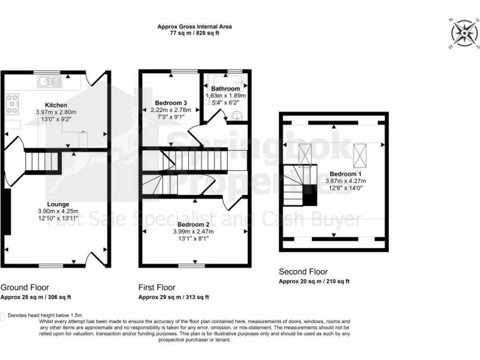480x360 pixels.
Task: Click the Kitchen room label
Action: (56, 105)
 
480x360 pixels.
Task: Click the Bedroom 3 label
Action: (171, 103)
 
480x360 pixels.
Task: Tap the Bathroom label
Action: (225, 89)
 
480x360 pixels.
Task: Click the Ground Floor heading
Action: (25, 287)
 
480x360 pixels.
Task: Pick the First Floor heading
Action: (157, 287)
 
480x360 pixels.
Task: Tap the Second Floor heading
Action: (303, 271)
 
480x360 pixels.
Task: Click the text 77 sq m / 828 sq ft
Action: (195, 34)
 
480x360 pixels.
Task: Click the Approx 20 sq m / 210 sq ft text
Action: (314, 282)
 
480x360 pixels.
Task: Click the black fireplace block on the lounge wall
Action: (7, 212)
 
